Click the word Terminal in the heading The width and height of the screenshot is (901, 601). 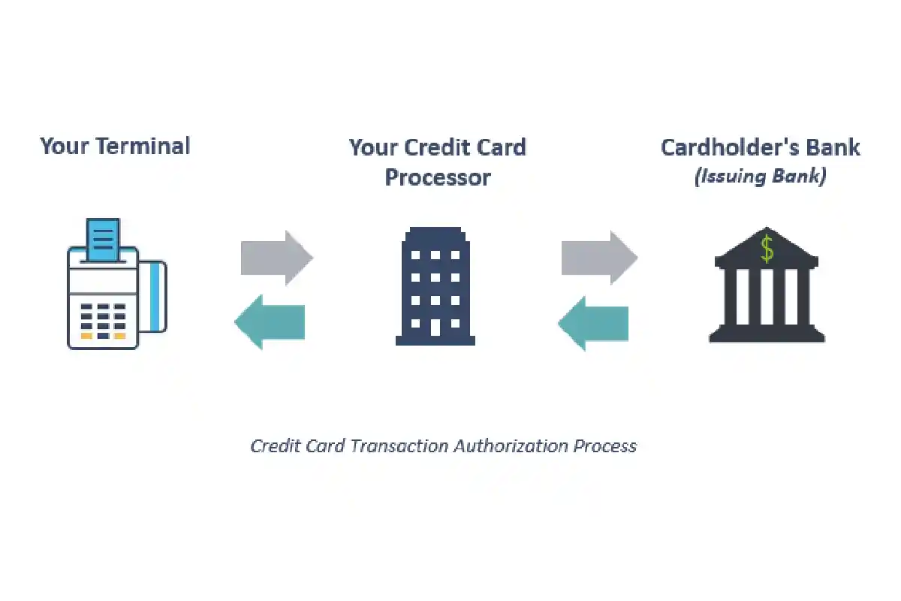click(143, 146)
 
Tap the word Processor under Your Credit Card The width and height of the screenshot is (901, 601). click(438, 177)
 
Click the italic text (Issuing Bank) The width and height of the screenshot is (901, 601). click(760, 177)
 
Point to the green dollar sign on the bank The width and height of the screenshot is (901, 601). click(767, 249)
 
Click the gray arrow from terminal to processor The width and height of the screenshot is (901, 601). click(277, 258)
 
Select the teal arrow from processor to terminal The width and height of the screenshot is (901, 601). click(270, 322)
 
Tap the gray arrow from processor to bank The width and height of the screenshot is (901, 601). click(600, 258)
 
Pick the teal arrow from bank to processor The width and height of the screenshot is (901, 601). click(593, 324)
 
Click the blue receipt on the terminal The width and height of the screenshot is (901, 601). click(103, 240)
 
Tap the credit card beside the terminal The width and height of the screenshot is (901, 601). click(153, 297)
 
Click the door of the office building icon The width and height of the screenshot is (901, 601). click(435, 328)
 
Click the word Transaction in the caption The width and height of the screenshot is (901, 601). click(399, 446)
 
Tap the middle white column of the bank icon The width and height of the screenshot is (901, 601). click(767, 297)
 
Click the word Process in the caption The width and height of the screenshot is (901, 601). click(605, 446)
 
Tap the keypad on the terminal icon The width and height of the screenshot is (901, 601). click(104, 322)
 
